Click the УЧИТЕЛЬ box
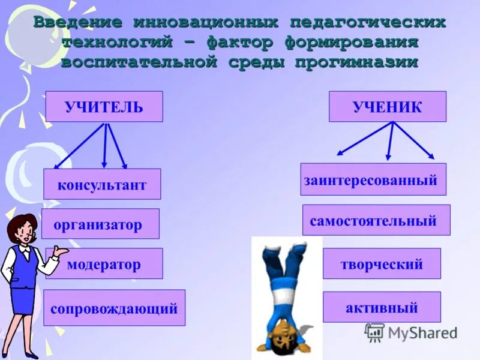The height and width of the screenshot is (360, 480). pos(104,107)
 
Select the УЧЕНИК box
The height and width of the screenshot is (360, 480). pos(387,107)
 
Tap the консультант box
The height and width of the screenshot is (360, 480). pos(102,184)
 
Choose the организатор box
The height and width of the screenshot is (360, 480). pos(100,224)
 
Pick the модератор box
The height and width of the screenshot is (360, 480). pos(104,264)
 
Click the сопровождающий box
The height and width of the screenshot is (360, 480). pos(114,308)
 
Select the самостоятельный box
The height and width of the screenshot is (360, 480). pos(376,220)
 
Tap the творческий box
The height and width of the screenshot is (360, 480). pos(382,264)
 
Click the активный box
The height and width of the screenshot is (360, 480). pos(382,307)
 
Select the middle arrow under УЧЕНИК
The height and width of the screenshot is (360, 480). pos(391,142)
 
